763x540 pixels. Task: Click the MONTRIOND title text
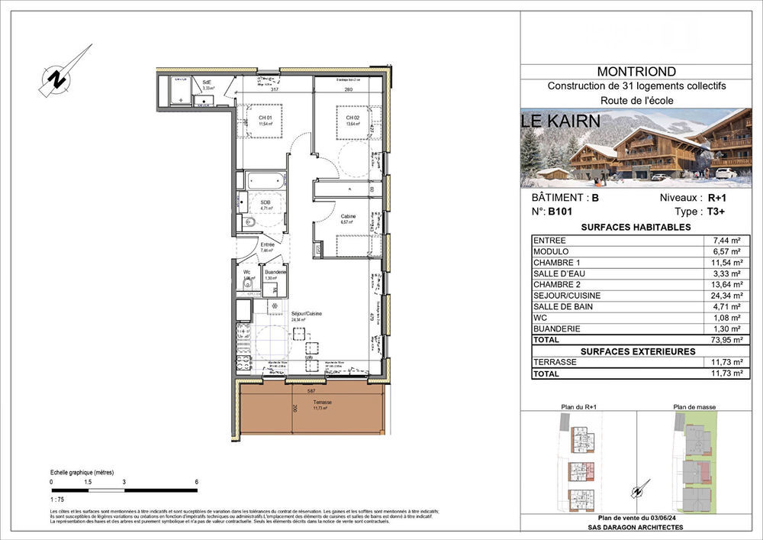coord(636,72)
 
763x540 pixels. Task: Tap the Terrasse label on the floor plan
coord(321,402)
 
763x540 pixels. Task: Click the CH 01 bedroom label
coord(265,118)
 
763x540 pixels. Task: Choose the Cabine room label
coord(348,217)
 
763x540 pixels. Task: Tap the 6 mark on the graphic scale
coord(196,482)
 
